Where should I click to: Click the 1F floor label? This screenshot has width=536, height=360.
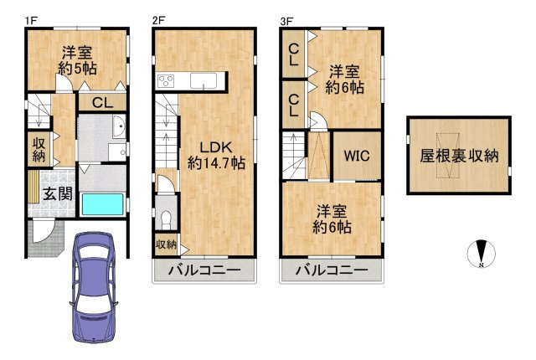point(30,19)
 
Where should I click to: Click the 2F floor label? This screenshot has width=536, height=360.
point(158,19)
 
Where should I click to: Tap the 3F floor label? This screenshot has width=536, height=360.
point(286,19)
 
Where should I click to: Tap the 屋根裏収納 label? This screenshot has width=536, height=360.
point(459,156)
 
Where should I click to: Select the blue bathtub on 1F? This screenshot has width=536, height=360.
point(103,203)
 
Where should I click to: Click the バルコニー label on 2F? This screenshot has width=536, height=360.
point(204,270)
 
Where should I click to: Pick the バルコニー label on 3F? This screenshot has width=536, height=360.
point(332,270)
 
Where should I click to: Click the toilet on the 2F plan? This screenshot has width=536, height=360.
point(166,219)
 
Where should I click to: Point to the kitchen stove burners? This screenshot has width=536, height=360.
point(166,81)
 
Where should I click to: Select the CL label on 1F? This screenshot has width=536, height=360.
point(103,103)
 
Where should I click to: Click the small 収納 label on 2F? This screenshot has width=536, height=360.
point(166,244)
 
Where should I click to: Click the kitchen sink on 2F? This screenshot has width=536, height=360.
point(204,81)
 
